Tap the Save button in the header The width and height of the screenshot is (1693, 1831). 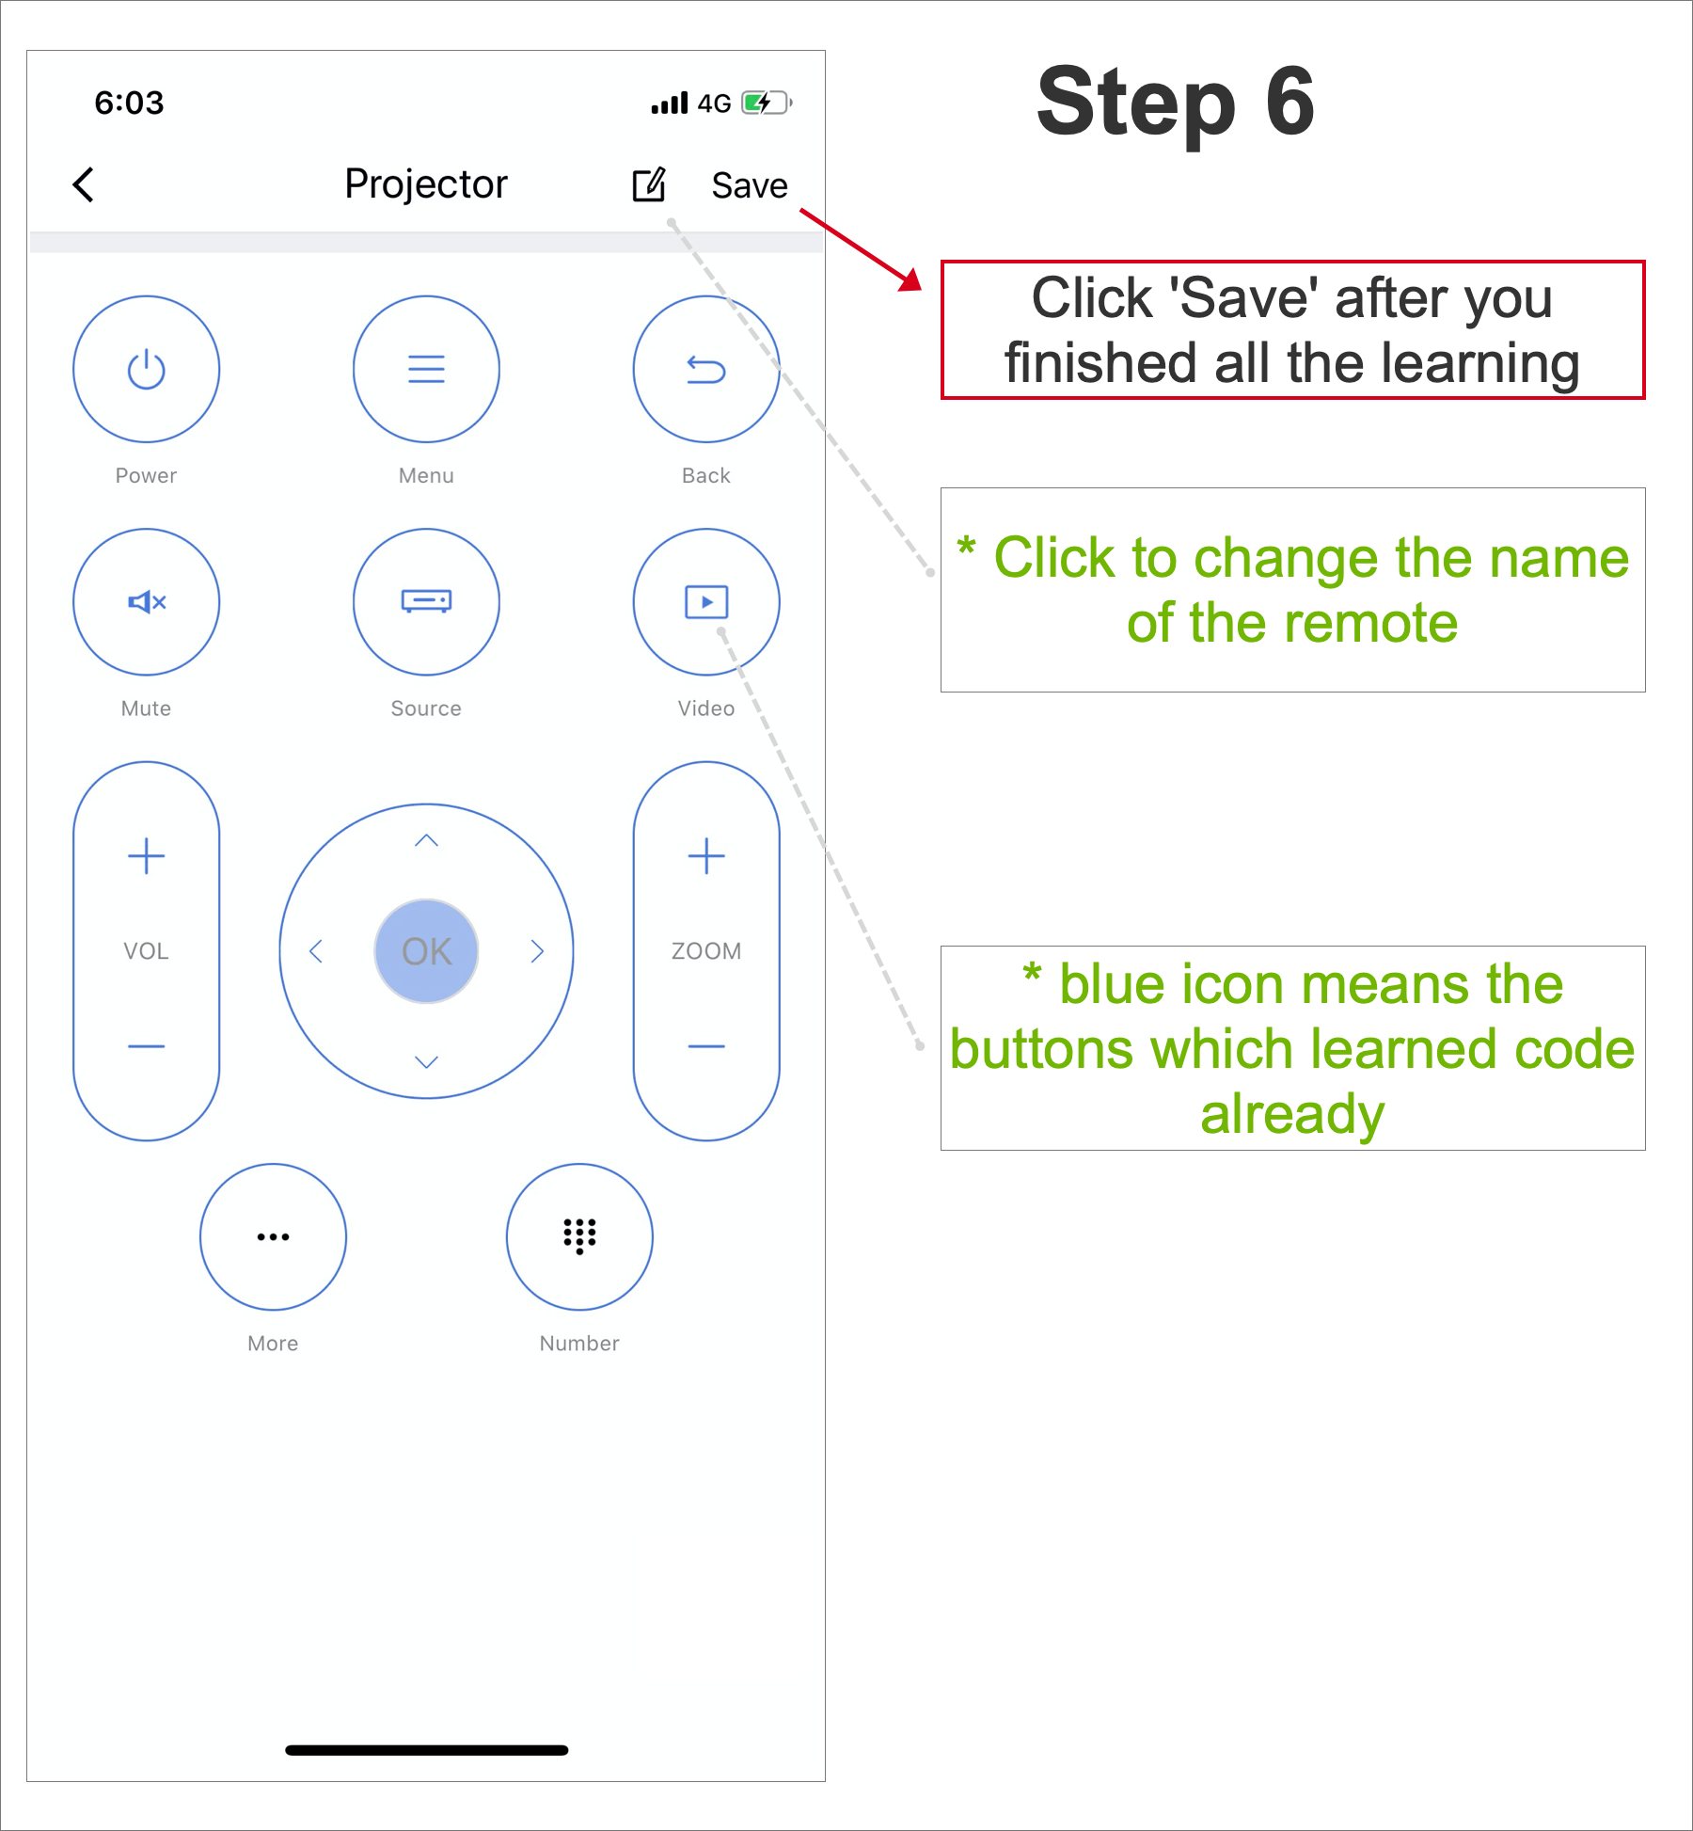[749, 185]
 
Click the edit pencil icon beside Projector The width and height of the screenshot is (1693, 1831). [649, 184]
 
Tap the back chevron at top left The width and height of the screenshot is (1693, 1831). [84, 184]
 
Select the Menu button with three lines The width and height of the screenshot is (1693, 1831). [426, 369]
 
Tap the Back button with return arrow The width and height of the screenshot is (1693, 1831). [706, 369]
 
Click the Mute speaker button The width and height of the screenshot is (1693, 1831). [147, 602]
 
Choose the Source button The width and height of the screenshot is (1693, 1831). [426, 602]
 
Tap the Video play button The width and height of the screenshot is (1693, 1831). [706, 602]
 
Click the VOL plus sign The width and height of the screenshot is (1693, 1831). [147, 856]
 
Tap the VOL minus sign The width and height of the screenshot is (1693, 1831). [147, 1046]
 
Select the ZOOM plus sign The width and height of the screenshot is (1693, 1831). [706, 856]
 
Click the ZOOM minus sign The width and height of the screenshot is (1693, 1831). [706, 1046]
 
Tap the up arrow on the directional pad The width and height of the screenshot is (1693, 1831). [426, 840]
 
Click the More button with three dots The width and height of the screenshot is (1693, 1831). [274, 1236]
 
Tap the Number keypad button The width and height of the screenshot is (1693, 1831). [579, 1236]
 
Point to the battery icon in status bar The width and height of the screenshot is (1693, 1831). [767, 103]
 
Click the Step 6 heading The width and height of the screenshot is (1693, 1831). [1176, 102]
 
